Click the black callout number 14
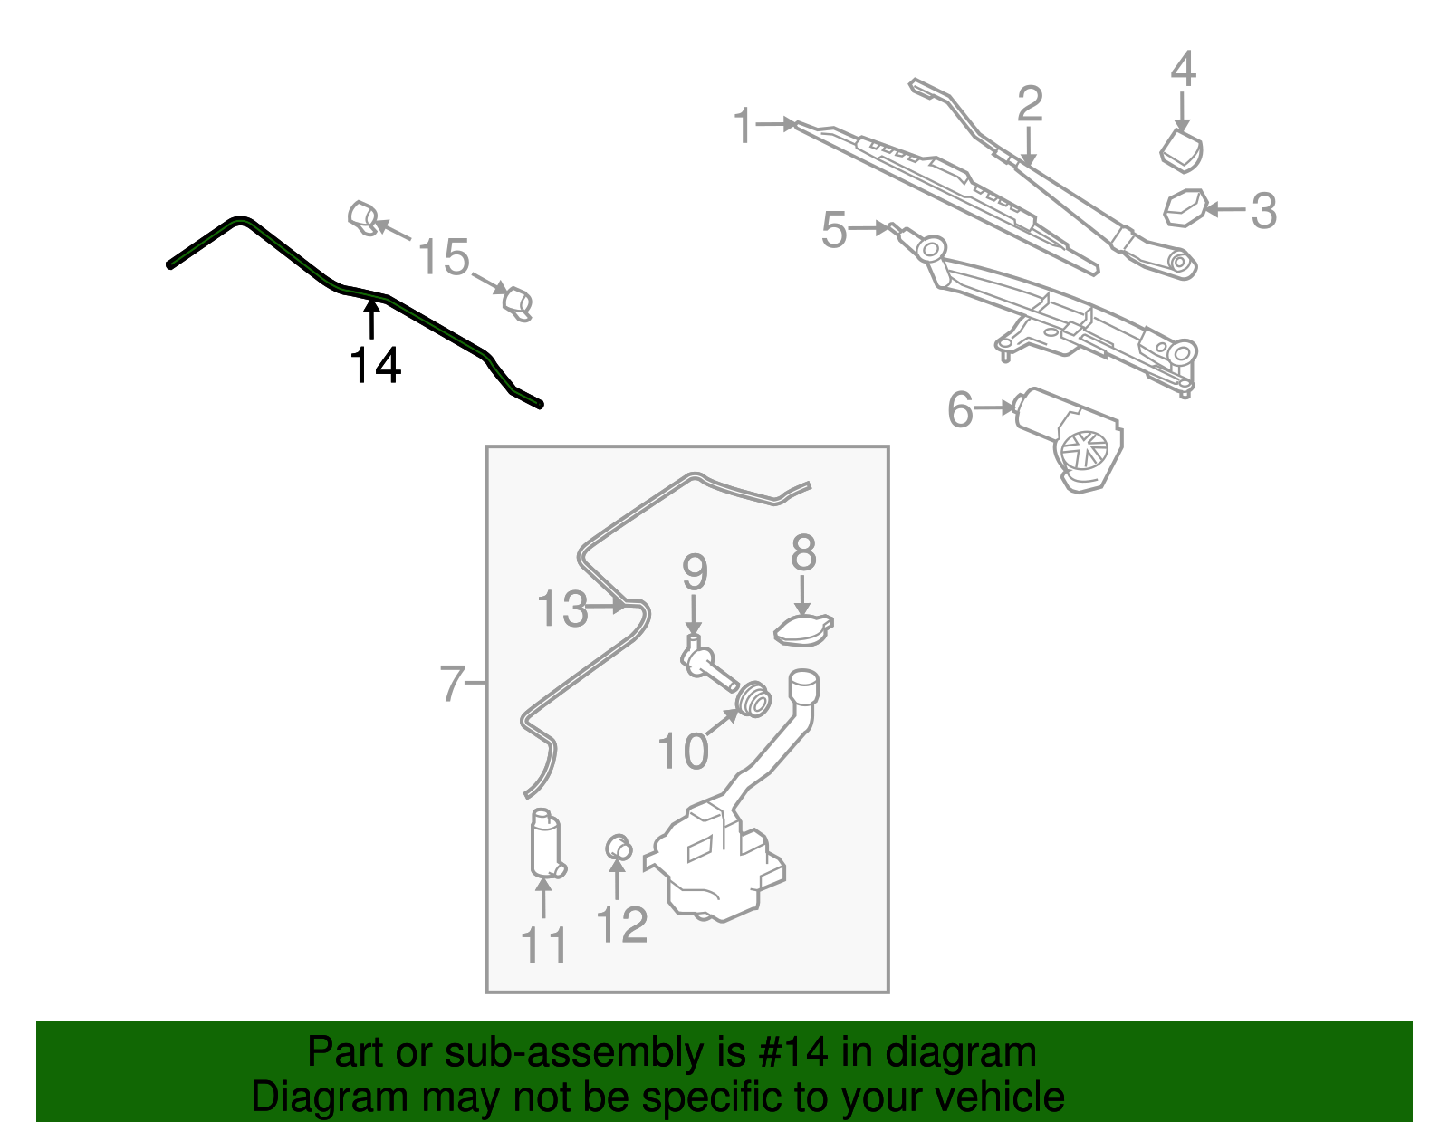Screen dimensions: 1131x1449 tap(375, 366)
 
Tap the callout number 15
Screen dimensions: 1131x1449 tap(444, 257)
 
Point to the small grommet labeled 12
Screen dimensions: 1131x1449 tap(618, 848)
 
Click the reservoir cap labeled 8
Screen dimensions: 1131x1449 tap(803, 628)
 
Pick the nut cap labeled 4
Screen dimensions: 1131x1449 tap(1181, 149)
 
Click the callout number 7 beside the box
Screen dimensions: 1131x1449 tap(452, 683)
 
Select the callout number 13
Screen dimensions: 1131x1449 tap(561, 609)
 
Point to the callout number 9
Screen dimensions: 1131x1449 tap(695, 572)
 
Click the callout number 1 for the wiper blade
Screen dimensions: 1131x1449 tap(743, 126)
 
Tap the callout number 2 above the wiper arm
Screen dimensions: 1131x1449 tap(1030, 104)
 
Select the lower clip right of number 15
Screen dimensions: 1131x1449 tap(518, 303)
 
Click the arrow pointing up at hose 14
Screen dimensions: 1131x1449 tap(371, 319)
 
